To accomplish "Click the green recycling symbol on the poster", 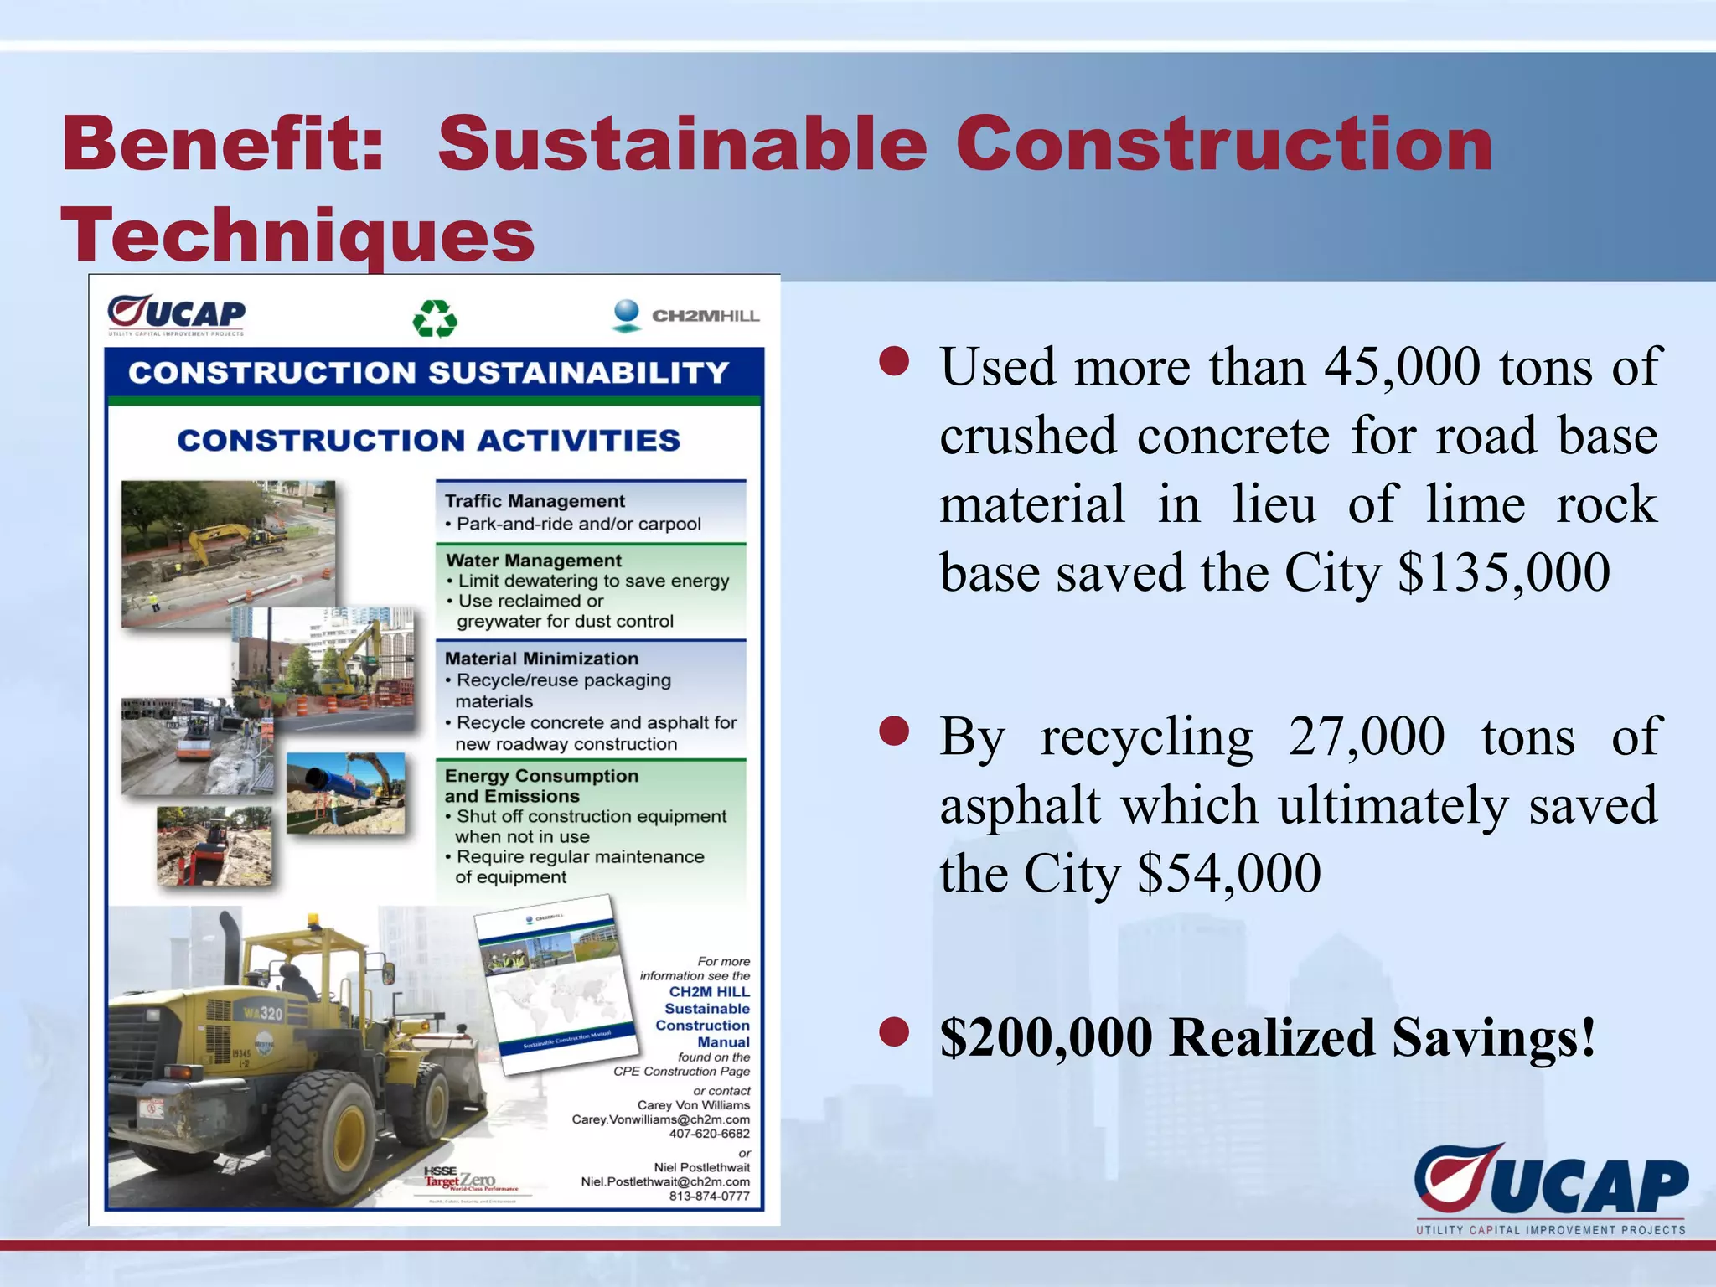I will coord(435,319).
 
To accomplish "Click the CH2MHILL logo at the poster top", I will coord(685,317).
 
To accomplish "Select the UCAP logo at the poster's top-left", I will coord(177,315).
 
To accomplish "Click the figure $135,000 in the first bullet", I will coord(1503,573).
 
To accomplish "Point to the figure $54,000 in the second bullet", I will coord(1228,874).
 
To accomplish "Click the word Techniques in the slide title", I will coord(297,235).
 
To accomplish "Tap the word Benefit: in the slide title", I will coord(223,144).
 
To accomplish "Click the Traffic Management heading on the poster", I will coord(535,501).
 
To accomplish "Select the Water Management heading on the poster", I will coord(534,561).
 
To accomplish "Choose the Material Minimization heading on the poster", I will coord(541,659).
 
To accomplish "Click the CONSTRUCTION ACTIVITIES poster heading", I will coord(428,441).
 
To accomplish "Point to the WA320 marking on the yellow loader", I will coord(263,1013).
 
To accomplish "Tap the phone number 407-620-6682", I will coord(709,1134).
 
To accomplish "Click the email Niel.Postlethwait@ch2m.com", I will coord(665,1181).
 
